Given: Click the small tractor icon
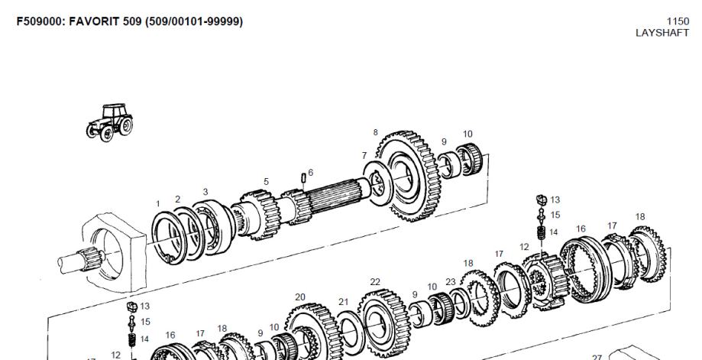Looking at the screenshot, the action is coord(110,123).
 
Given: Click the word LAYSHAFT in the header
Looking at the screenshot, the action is coord(662,33).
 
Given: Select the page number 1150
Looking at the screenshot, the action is coord(678,21).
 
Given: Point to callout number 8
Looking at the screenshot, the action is coord(375,132).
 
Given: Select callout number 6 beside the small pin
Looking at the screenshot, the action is coord(310,173).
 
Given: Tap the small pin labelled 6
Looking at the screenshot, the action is coord(303,177).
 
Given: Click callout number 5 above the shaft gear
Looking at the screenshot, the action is coord(266,182).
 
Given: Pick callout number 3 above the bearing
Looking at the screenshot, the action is coord(205,192).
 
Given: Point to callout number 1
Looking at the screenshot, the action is coord(157,204).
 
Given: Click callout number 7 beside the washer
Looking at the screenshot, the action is coord(364,155).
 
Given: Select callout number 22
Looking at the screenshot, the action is coord(375,281).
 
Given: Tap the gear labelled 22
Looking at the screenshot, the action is coord(385,323).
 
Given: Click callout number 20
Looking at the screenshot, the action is coord(300,297).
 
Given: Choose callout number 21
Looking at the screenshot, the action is coord(343,302).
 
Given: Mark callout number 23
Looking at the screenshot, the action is coord(451,281).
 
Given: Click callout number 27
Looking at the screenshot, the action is coord(597,357).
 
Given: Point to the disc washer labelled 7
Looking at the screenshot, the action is coord(378,183).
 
